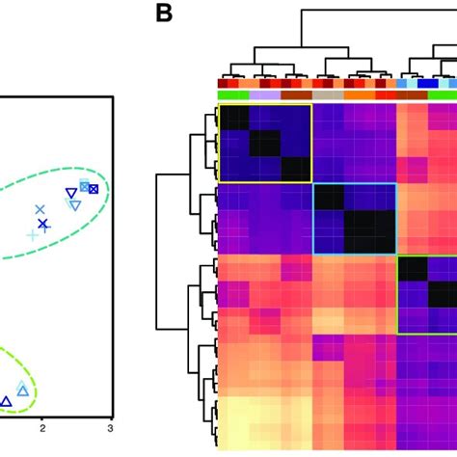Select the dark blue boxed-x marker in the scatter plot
coord(93,189)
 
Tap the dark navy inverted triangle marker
coord(70,193)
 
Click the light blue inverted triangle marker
coord(73,203)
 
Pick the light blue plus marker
coord(33,234)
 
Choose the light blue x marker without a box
coord(40,209)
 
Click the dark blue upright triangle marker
coord(6,400)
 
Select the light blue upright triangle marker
coord(22,390)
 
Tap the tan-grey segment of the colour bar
coord(328,95)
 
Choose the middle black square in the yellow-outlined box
coord(265,144)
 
